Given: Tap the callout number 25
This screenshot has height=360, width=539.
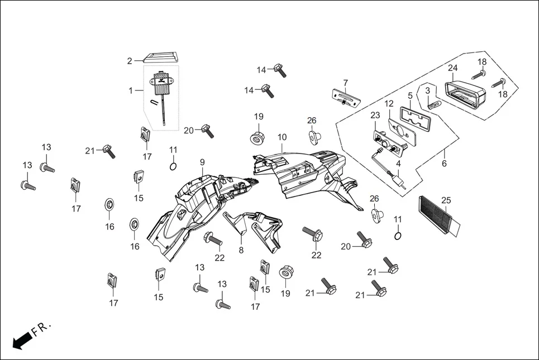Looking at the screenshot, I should click(446, 200).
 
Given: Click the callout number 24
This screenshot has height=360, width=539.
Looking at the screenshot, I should click(453, 68).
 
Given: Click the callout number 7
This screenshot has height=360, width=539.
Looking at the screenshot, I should click(345, 83).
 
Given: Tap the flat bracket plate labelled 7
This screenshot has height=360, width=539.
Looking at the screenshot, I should click(346, 98).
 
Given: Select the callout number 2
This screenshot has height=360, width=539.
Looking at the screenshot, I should click(130, 61).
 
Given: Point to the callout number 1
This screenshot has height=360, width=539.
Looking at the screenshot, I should click(131, 90).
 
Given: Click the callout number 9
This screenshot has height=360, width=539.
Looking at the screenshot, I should click(202, 162).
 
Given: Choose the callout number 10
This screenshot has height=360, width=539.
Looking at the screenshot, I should click(282, 137).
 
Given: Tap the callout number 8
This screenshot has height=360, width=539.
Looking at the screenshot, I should click(241, 251).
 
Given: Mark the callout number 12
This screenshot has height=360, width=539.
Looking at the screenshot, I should click(389, 103).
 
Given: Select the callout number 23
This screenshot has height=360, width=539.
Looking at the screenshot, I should click(375, 116).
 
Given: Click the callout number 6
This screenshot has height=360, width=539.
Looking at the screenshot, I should click(445, 164).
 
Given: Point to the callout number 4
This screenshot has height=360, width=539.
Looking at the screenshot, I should click(399, 164).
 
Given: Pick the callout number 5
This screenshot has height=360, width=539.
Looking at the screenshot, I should click(409, 95).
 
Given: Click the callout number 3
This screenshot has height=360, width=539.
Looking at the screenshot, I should click(427, 90).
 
